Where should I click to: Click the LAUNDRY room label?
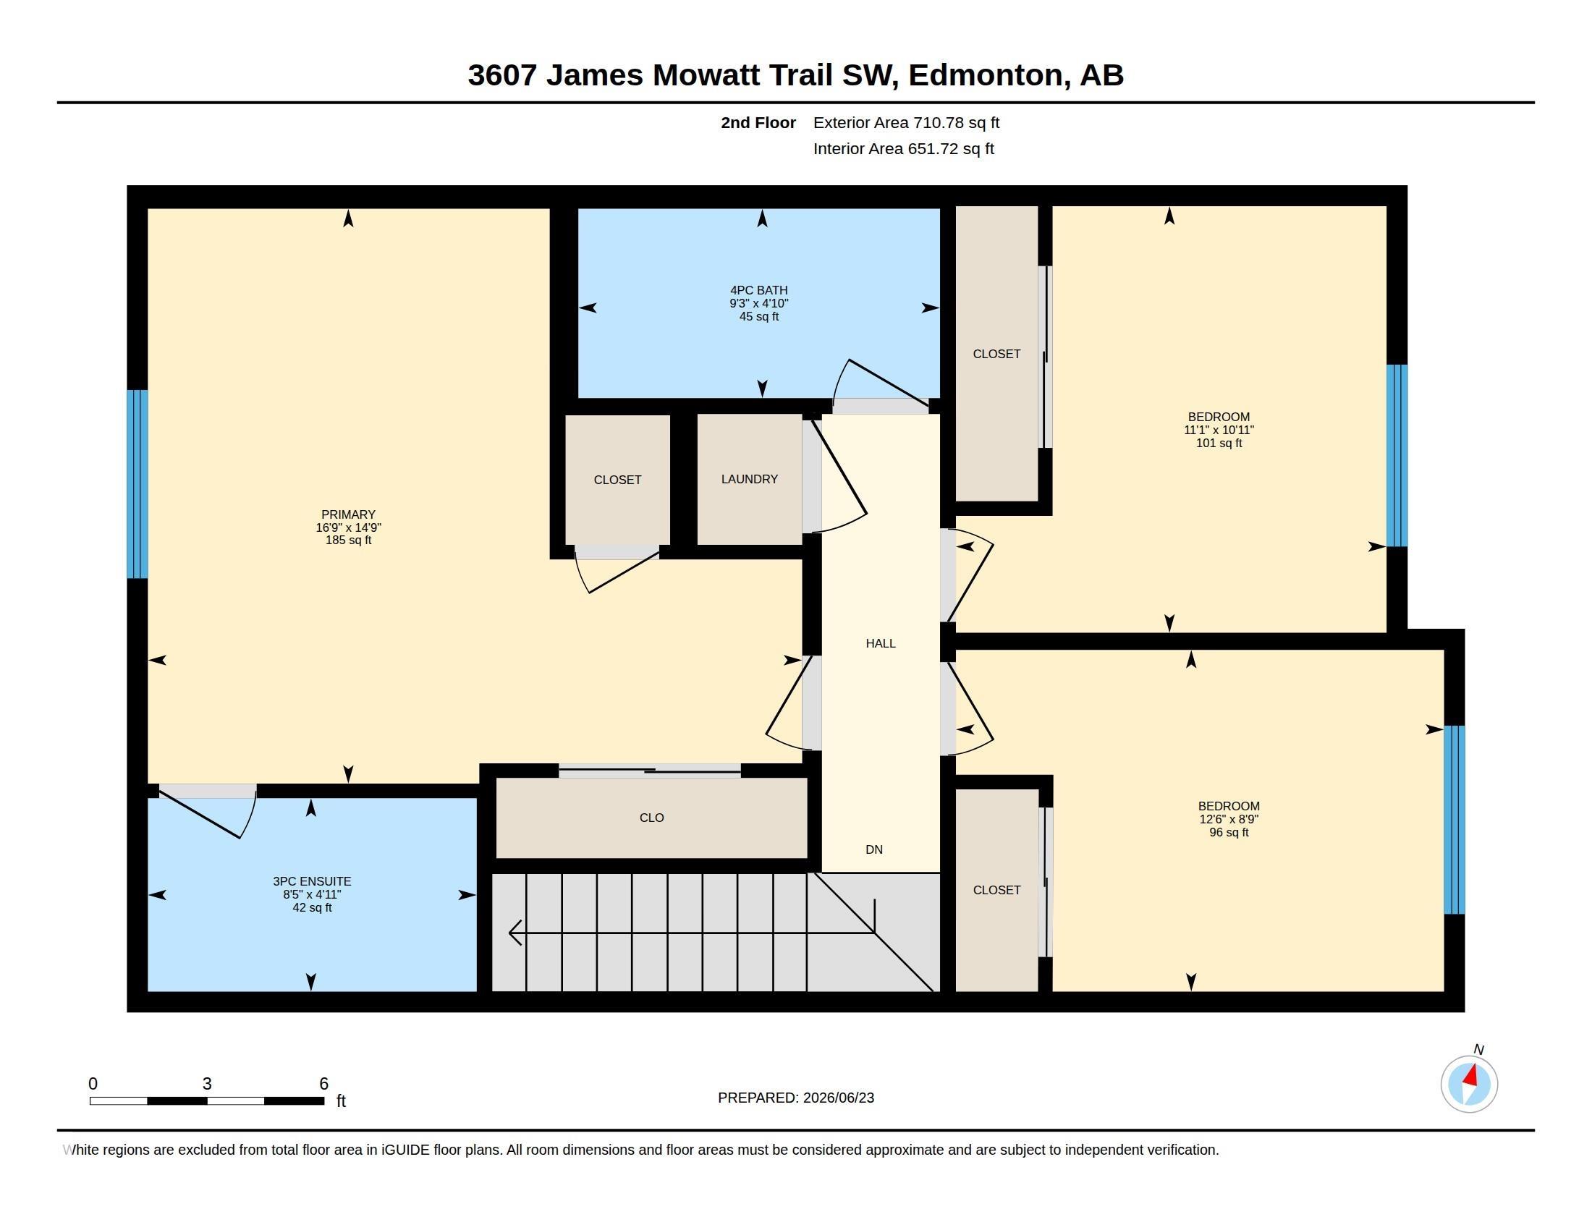click(750, 479)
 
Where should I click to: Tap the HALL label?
click(881, 643)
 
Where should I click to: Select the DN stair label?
click(874, 849)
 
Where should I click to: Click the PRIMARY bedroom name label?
click(349, 514)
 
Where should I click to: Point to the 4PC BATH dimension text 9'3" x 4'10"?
click(759, 303)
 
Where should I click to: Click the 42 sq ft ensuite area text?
click(312, 907)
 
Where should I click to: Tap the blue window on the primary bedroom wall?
click(137, 484)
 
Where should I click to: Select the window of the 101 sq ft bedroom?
click(1397, 455)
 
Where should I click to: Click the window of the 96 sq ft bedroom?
click(1455, 820)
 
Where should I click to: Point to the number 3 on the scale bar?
click(207, 1084)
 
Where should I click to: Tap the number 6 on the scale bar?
click(323, 1084)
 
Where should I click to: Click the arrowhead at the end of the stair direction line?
click(515, 932)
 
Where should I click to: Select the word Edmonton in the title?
click(984, 75)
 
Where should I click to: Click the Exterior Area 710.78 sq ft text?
click(906, 122)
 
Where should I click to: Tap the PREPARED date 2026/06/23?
click(838, 1098)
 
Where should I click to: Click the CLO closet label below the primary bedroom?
click(652, 818)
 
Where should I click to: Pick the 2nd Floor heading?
click(758, 122)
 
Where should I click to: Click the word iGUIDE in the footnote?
click(405, 1150)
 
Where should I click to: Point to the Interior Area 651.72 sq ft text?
click(904, 148)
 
